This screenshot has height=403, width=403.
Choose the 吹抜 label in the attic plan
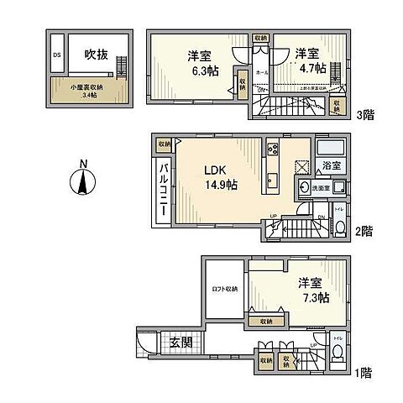tap(95, 55)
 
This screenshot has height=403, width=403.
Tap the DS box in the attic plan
tap(57, 56)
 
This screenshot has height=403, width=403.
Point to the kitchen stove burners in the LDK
tap(273, 149)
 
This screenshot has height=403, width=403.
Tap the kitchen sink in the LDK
tap(273, 179)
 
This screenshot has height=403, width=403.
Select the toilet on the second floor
tap(338, 226)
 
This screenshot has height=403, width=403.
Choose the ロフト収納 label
tap(224, 289)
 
